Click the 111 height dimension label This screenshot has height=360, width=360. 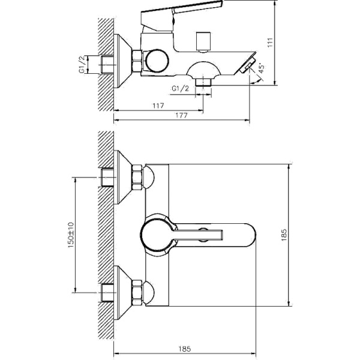[x=270, y=43]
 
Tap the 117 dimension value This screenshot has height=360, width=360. [x=158, y=106]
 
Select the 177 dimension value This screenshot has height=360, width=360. [x=181, y=115]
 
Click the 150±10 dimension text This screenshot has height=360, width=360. [x=71, y=235]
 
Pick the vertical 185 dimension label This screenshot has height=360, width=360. [x=284, y=235]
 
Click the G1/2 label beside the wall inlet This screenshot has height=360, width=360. [x=83, y=64]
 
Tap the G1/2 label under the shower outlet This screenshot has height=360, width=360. [x=180, y=88]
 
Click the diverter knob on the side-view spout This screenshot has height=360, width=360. [x=203, y=42]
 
